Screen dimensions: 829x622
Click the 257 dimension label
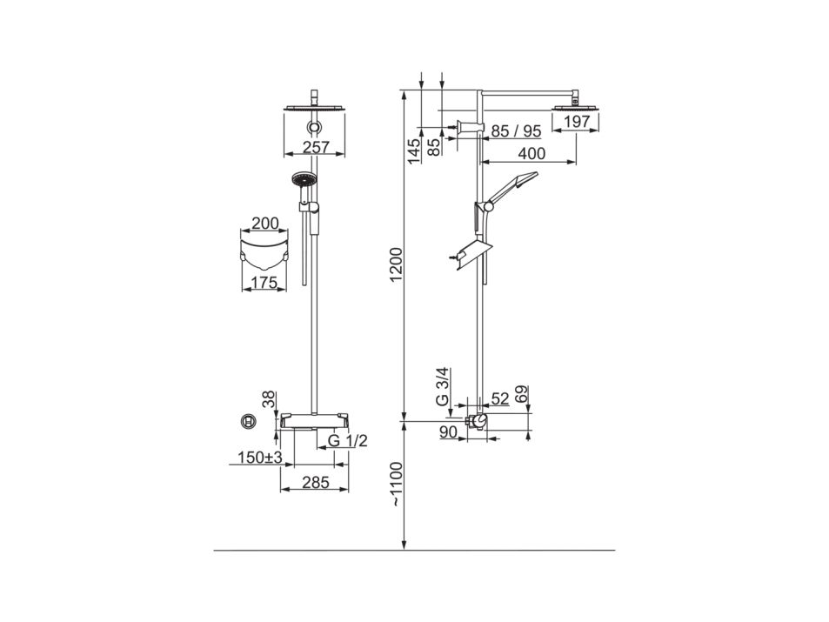(317, 147)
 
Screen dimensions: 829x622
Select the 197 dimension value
(576, 122)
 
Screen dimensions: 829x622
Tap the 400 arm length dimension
(531, 153)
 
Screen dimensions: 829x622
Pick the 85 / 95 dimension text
(516, 131)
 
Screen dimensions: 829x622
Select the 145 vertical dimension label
(414, 150)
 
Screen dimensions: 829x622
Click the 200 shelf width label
(264, 224)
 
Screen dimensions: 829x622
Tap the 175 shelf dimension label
(264, 283)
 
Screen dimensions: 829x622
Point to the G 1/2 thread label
(347, 440)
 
